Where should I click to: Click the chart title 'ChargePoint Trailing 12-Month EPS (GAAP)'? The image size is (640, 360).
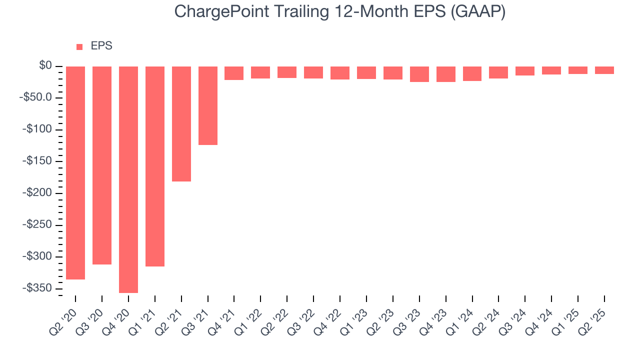(340, 12)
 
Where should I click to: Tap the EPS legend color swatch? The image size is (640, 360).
(79, 46)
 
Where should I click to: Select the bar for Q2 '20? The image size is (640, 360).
(75, 172)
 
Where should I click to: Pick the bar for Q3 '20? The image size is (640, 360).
(102, 165)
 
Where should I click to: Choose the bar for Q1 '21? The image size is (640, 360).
(155, 166)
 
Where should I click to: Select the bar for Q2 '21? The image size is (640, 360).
(181, 123)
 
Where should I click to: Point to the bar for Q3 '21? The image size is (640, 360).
(208, 105)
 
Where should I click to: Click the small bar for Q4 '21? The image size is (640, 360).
(234, 73)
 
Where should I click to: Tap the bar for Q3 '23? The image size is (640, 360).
(419, 74)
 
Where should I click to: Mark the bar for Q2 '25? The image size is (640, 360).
(604, 70)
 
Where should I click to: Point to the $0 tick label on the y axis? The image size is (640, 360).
(46, 66)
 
